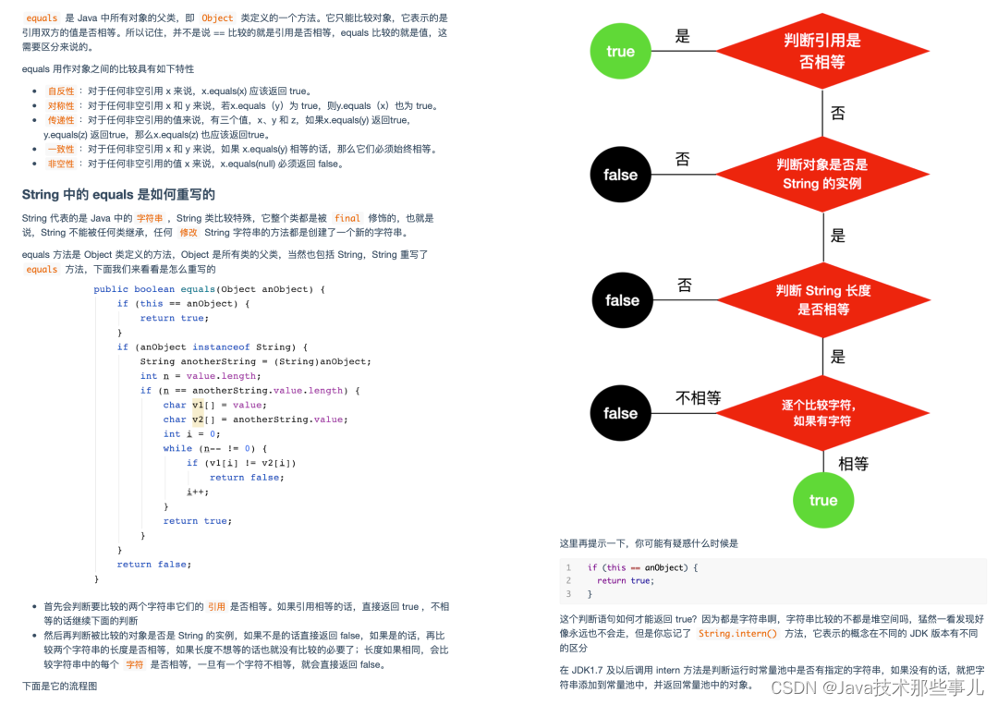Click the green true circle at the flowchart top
(620, 52)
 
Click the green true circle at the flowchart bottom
(822, 500)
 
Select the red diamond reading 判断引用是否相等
(822, 52)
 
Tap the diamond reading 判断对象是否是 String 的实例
(822, 174)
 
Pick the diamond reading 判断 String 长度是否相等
(822, 299)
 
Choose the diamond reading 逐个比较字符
(822, 412)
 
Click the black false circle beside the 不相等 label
(620, 413)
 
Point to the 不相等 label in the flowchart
(698, 398)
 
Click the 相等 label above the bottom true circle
(853, 464)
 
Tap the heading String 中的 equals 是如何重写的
(118, 194)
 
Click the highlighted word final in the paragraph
(347, 218)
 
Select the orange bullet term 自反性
(61, 91)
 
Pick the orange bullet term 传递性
(61, 120)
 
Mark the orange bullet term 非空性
(61, 164)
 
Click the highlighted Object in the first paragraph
(217, 18)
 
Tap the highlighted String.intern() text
(737, 634)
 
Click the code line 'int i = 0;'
(191, 434)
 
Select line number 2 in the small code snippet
(568, 580)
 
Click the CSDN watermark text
(877, 687)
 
